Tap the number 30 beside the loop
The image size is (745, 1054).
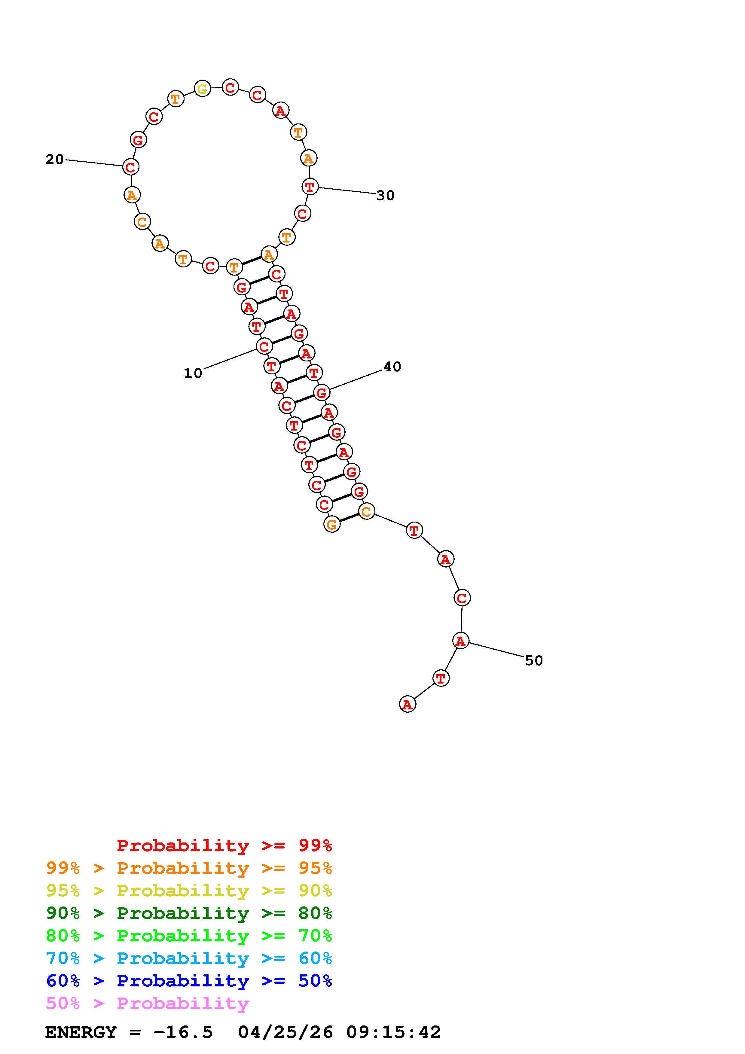click(x=385, y=196)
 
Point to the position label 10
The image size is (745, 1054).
click(x=193, y=373)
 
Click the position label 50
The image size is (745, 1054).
click(x=534, y=661)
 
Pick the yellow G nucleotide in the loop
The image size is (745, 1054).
click(x=203, y=89)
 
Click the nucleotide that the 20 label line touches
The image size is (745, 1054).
click(x=131, y=167)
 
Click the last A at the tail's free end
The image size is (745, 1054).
click(x=408, y=704)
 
